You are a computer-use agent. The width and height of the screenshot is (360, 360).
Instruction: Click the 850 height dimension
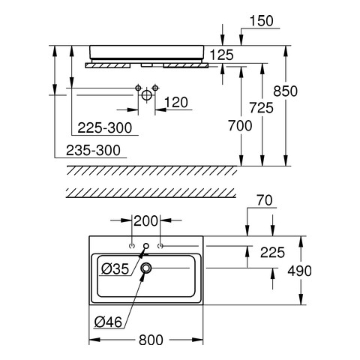click(x=285, y=91)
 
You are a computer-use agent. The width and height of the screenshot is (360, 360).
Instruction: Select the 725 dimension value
click(x=261, y=108)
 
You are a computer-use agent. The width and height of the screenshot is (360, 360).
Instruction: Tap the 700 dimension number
click(x=240, y=125)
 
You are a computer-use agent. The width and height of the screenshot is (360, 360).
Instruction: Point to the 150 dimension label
click(x=262, y=21)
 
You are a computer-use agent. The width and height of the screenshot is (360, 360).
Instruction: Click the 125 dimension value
click(x=222, y=55)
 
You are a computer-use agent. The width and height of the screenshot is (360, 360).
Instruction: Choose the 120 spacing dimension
click(x=176, y=103)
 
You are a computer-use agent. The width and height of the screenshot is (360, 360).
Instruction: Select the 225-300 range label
click(x=104, y=127)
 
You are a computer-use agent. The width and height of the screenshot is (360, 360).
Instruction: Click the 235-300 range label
click(x=93, y=150)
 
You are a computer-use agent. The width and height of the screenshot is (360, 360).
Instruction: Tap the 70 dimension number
click(x=265, y=200)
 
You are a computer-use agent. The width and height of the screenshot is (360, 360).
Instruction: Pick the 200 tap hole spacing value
click(x=146, y=221)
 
